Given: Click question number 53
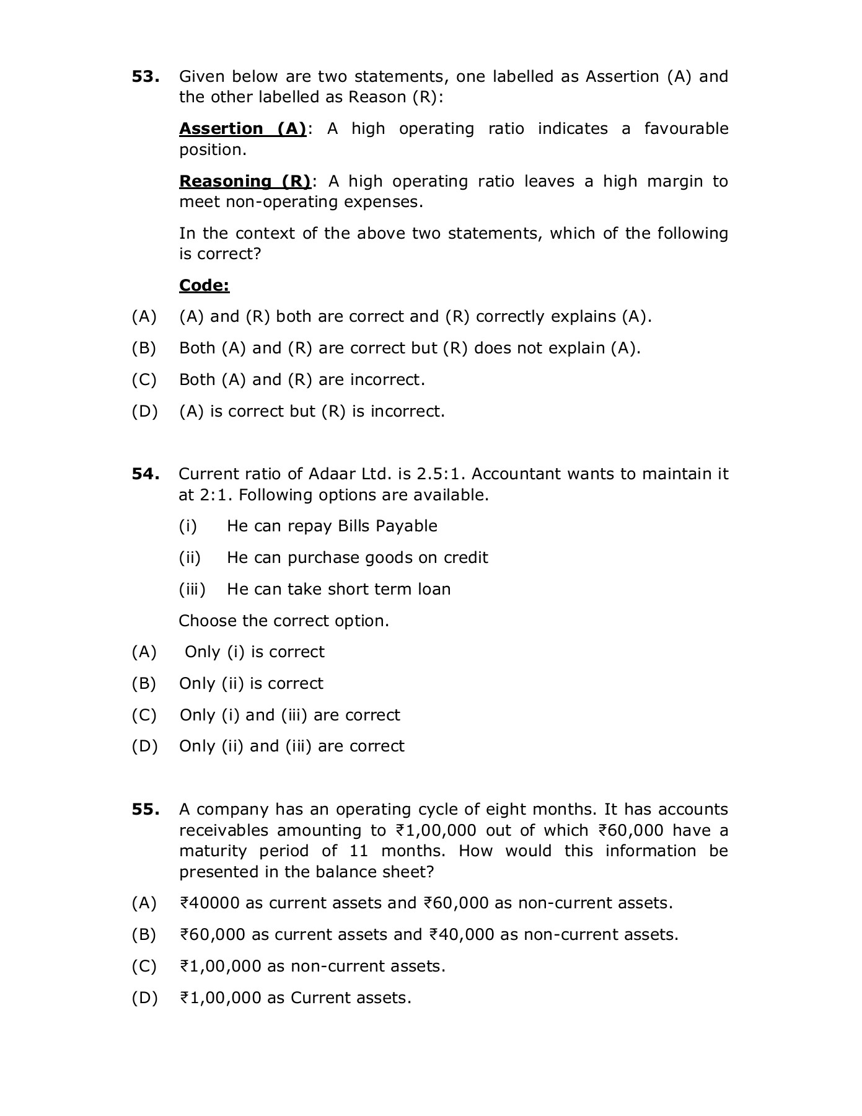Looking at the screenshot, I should (x=145, y=77).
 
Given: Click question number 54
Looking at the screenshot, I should (x=145, y=474).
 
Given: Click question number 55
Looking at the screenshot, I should (x=145, y=810).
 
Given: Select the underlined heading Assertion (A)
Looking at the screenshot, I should (x=242, y=129).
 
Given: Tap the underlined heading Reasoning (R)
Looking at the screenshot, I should (x=245, y=182).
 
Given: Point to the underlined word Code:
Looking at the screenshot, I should (x=204, y=286).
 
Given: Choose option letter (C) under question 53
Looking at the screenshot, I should (x=144, y=380).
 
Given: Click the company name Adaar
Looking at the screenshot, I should (x=332, y=474).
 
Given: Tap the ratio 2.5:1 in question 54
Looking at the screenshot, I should (x=441, y=474).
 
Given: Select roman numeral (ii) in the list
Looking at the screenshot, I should (x=190, y=558).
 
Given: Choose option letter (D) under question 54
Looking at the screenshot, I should (x=144, y=746).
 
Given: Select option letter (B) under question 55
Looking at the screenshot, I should (x=144, y=935).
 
